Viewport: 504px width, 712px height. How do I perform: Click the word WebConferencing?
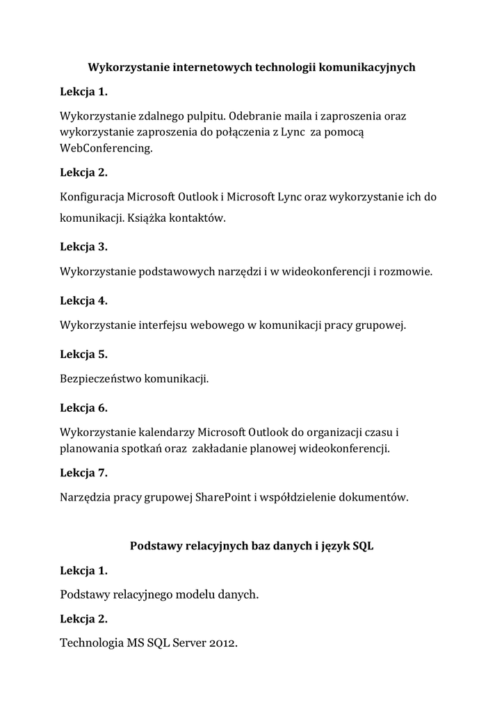(x=106, y=148)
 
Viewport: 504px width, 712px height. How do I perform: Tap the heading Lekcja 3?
(x=83, y=246)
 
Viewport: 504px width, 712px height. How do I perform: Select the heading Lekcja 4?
(x=83, y=300)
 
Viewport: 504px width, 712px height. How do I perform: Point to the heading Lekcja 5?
(x=83, y=355)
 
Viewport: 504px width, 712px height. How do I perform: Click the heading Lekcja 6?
(x=83, y=407)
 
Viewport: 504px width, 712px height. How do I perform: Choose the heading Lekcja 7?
(x=83, y=473)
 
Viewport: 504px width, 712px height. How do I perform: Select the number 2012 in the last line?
(x=220, y=643)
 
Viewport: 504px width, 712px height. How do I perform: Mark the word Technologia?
(x=92, y=643)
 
